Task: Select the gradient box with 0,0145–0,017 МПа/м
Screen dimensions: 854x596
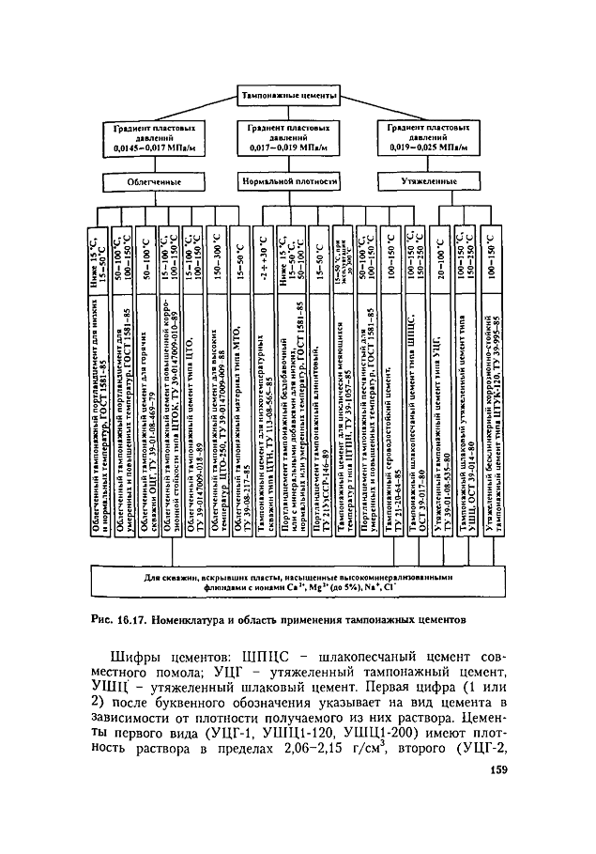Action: pos(154,137)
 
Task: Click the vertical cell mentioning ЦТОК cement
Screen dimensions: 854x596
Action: pos(170,408)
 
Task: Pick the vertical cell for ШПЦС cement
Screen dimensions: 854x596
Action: pos(414,408)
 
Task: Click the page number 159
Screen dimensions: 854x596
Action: pos(496,799)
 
